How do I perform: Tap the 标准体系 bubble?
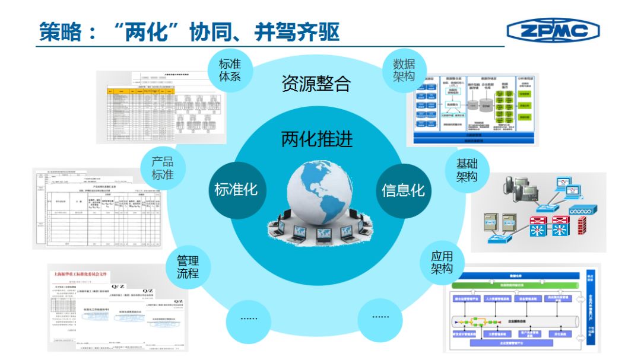[230, 70]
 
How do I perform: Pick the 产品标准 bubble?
[163, 168]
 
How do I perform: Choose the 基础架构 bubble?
[467, 171]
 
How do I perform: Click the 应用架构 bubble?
[442, 263]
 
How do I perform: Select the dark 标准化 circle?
[236, 190]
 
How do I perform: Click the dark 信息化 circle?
[403, 190]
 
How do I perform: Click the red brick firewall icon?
[582, 225]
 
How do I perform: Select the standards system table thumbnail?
[161, 107]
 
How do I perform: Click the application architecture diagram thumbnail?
[522, 311]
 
